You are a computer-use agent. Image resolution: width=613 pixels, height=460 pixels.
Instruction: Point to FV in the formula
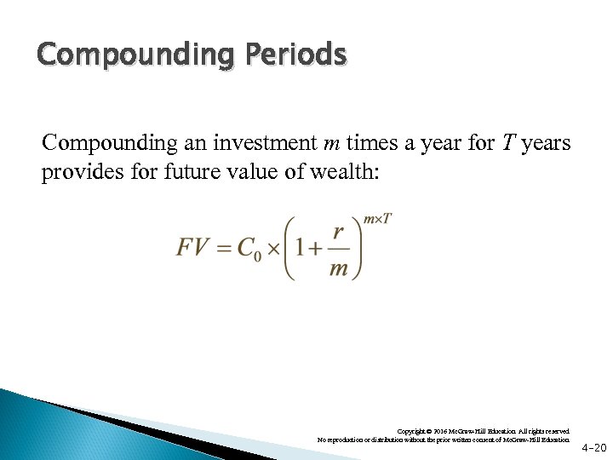click(x=193, y=247)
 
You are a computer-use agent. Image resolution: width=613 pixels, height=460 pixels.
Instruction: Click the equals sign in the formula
click(x=223, y=247)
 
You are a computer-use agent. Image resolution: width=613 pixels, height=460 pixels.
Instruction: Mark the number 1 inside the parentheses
click(x=300, y=247)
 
